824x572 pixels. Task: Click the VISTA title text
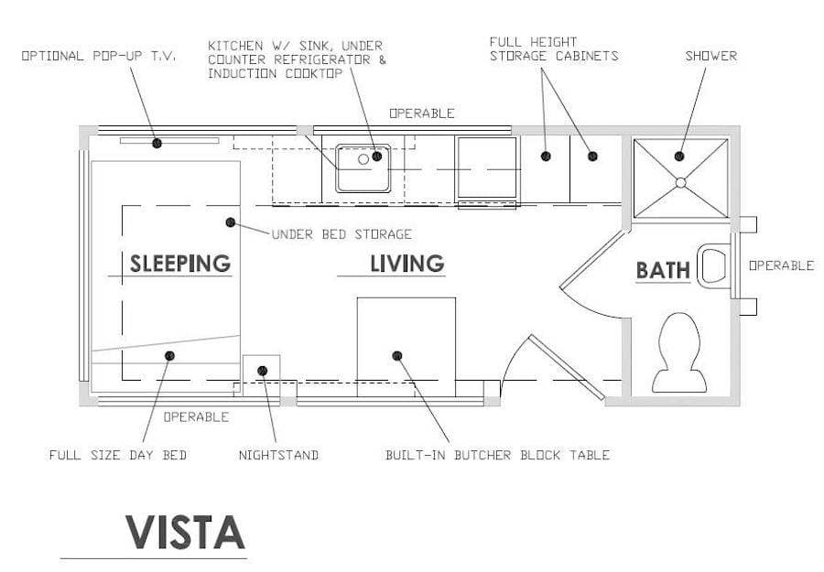[x=185, y=532]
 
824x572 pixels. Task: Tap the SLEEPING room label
[x=179, y=264]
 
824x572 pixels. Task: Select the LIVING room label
[x=407, y=264]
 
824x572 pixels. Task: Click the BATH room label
[x=663, y=271]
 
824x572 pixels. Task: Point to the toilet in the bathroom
[x=678, y=352]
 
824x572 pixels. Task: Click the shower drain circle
[x=680, y=182]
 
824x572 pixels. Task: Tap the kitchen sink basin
[x=363, y=168]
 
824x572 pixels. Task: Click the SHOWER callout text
[x=710, y=56]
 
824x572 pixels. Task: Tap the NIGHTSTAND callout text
[x=278, y=455]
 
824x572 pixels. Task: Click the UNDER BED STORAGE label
[x=342, y=234]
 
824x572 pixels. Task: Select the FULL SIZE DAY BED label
[x=117, y=455]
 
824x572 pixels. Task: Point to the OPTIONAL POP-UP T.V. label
[x=99, y=56]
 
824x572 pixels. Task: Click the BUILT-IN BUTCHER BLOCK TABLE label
[x=497, y=455]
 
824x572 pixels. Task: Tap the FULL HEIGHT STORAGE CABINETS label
[x=553, y=49]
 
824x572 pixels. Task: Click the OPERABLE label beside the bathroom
[x=781, y=265]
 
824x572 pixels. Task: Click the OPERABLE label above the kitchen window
[x=421, y=113]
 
